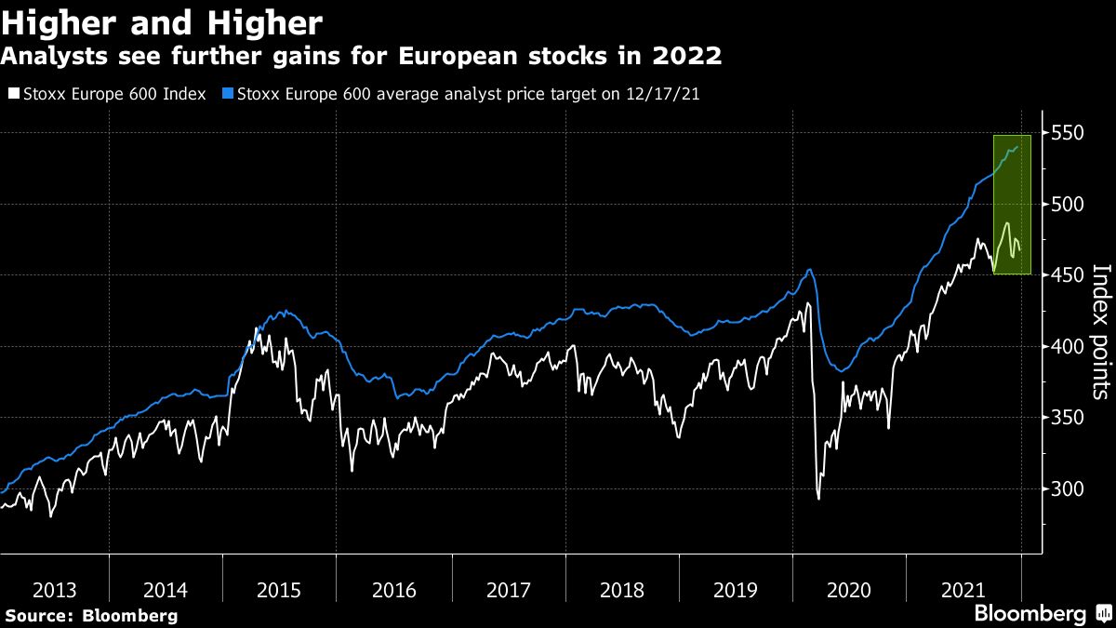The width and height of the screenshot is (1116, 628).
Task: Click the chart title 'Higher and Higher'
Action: pos(162,22)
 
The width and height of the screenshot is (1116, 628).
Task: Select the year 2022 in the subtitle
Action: pos(689,57)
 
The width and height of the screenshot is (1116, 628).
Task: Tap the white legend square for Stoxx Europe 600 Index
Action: pos(12,94)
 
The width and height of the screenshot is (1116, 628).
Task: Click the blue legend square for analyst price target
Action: pos(228,94)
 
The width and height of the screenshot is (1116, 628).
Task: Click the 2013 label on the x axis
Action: pos(54,590)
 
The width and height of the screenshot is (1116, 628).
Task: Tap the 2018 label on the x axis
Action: pos(622,590)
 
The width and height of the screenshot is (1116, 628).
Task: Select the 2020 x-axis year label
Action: pos(849,590)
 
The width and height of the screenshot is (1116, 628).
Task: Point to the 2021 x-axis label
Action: pos(963,590)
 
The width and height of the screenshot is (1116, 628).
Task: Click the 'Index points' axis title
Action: pos(1100,331)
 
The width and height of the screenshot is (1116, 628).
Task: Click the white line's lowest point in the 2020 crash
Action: pos(818,499)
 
